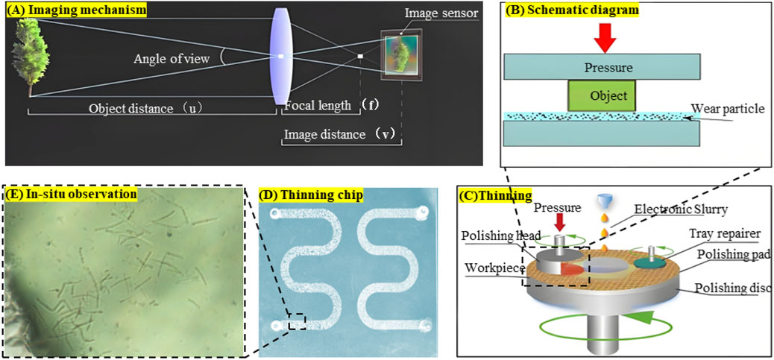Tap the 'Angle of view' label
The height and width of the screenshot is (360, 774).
176,58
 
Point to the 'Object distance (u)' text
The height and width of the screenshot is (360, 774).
146,107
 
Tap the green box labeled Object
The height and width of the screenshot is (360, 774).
602,96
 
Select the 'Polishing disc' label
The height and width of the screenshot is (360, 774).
734,288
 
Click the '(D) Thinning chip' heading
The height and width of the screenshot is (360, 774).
312,195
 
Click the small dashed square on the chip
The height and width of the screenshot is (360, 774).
297,321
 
